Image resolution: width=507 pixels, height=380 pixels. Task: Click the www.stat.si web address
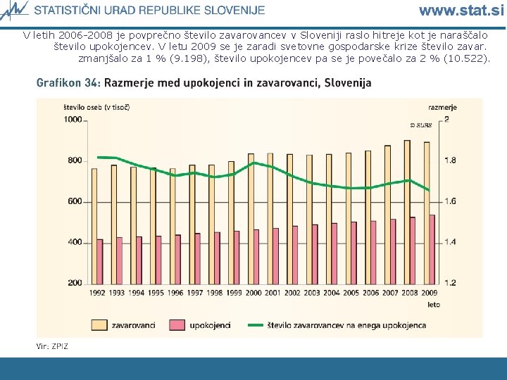(x=461, y=11)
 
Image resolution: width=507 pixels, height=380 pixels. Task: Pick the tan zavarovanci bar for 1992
(x=94, y=225)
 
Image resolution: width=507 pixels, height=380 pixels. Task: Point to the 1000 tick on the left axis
(x=73, y=120)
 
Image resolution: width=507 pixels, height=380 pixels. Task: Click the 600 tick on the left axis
(x=75, y=201)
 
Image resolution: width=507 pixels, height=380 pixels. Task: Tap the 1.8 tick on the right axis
(x=450, y=160)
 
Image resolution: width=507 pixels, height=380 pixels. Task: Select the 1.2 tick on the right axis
(x=450, y=283)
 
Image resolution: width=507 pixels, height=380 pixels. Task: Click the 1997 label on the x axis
(x=195, y=293)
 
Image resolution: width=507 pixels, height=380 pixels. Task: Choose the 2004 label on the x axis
(x=331, y=293)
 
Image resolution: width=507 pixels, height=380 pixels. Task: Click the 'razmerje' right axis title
(x=443, y=108)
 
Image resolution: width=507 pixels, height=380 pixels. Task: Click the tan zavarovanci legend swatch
(x=99, y=324)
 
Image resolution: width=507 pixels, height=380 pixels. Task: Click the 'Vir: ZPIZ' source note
(x=53, y=346)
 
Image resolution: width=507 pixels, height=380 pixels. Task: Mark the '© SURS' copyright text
(x=420, y=125)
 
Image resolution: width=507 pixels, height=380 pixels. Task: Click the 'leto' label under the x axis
(x=434, y=305)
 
